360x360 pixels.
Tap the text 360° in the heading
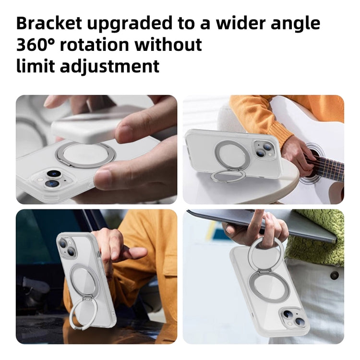[x=37, y=44]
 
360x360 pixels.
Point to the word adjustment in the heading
[x=109, y=66]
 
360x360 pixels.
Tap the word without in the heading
[x=168, y=44]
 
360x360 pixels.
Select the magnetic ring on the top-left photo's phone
[x=77, y=154]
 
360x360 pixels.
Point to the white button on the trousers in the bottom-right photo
[x=334, y=276]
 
